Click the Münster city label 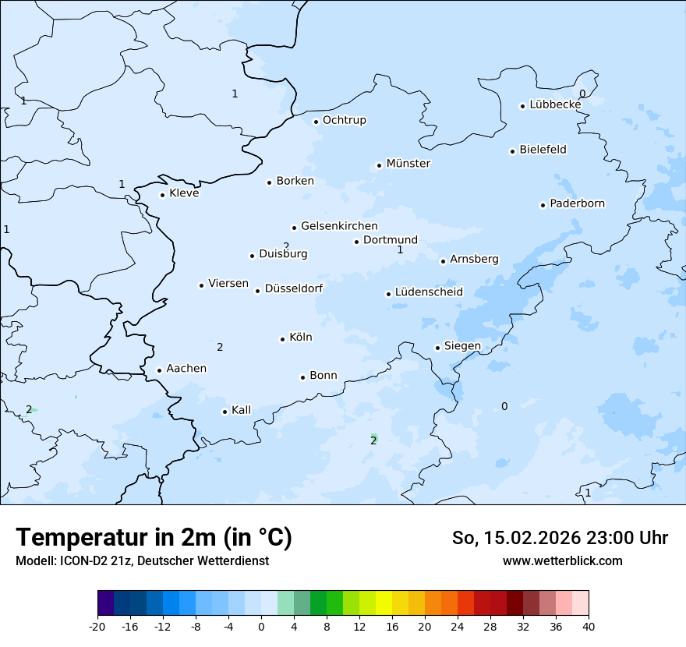coord(408,164)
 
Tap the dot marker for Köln coord(282,339)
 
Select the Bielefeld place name coord(543,150)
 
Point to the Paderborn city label coord(577,203)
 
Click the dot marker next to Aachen coord(159,371)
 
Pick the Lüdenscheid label coord(429,292)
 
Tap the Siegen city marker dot coord(437,348)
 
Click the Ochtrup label coord(344,120)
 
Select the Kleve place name coord(184,193)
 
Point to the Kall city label coord(241,410)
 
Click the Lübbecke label coord(555,104)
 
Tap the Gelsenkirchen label coord(339,226)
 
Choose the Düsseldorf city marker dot coord(257,291)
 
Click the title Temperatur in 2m coord(154,538)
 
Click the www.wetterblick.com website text coord(562,561)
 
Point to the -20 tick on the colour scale coord(97,626)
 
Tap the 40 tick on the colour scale coord(589,626)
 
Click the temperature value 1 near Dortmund coord(400,250)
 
